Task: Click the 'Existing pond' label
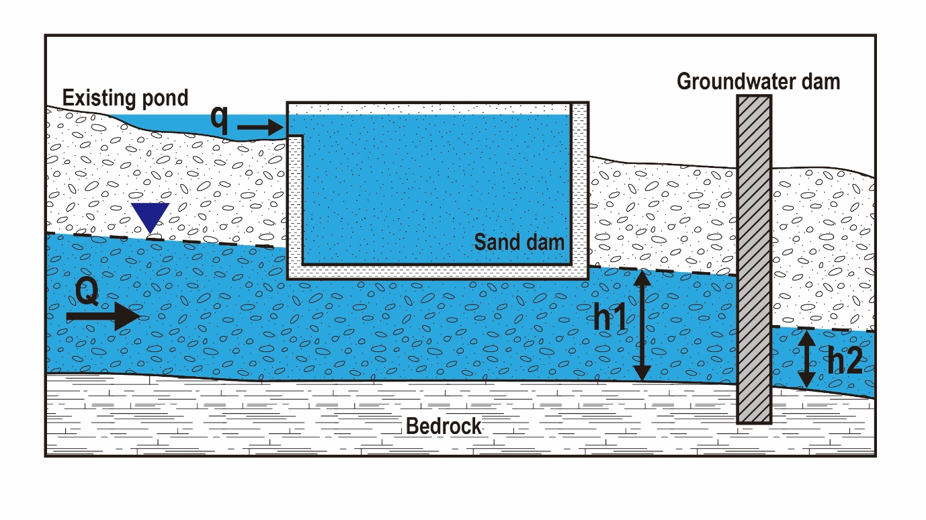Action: [125, 98]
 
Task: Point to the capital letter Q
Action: [87, 292]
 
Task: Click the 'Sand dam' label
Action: [519, 242]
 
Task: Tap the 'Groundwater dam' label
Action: [758, 81]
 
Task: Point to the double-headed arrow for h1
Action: [642, 324]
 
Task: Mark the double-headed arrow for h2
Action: [806, 359]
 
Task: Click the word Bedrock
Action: [444, 425]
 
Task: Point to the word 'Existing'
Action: [98, 98]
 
